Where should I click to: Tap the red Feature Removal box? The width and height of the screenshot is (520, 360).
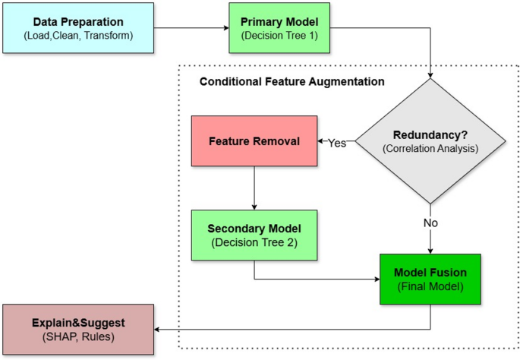click(254, 142)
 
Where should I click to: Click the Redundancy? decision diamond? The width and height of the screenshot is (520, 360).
click(430, 141)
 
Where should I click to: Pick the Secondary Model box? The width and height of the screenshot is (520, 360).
click(254, 235)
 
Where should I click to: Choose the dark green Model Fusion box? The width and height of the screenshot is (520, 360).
click(430, 279)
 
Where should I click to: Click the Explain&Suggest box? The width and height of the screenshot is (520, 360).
click(77, 328)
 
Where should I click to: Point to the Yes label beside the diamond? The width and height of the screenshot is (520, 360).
click(337, 143)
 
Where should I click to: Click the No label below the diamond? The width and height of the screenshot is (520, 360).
click(430, 223)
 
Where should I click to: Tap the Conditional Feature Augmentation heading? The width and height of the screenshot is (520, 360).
click(292, 81)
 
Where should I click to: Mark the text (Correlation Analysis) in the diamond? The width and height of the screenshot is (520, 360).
click(430, 149)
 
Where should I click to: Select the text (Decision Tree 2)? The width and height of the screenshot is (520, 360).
click(254, 242)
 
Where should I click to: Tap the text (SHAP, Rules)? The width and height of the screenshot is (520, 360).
click(77, 336)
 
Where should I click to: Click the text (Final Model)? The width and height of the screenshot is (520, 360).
click(430, 287)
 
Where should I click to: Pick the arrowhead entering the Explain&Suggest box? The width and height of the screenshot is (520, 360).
click(159, 328)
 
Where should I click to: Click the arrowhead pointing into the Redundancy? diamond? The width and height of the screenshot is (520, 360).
click(430, 76)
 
